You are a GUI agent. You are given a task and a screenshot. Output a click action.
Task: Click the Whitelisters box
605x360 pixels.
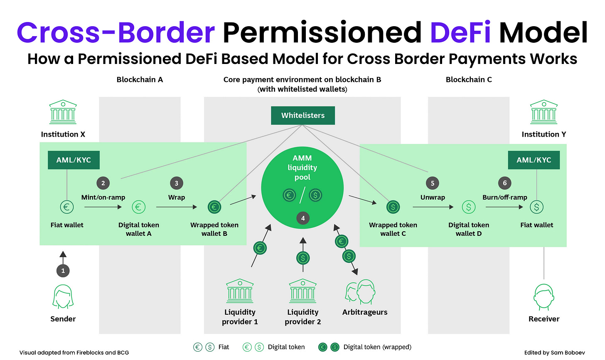pyautogui.click(x=302, y=115)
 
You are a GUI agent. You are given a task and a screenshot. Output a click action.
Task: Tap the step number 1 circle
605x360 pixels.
pyautogui.click(x=63, y=271)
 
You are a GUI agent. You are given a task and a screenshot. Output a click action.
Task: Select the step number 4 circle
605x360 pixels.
pyautogui.click(x=303, y=218)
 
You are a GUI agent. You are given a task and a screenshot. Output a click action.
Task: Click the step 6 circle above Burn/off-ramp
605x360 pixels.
pyautogui.click(x=504, y=183)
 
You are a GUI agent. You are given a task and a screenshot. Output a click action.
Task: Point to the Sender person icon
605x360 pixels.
pyautogui.click(x=63, y=296)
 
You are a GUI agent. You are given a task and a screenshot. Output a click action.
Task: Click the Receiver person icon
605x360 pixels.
pyautogui.click(x=544, y=296)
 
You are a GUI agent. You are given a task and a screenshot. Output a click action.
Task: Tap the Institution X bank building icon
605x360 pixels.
pyautogui.click(x=63, y=112)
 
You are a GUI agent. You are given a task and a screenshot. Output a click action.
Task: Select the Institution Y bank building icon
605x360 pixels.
pyautogui.click(x=544, y=112)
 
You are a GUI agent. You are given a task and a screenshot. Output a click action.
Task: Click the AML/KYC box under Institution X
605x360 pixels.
pyautogui.click(x=74, y=160)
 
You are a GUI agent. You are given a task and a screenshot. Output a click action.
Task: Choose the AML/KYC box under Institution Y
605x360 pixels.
pyautogui.click(x=534, y=160)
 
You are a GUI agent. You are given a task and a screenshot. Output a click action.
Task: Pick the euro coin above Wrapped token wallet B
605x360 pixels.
pyautogui.click(x=214, y=207)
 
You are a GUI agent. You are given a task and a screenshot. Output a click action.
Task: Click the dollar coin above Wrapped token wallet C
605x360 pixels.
pyautogui.click(x=393, y=207)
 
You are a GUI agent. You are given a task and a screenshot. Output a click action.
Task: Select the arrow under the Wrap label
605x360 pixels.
pyautogui.click(x=177, y=207)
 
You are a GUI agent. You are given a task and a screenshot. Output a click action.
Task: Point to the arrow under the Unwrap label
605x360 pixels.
pyautogui.click(x=433, y=207)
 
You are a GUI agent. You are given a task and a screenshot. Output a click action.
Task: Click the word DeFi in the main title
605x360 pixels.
pyautogui.click(x=460, y=32)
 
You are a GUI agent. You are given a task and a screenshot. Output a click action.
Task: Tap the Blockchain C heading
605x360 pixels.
pyautogui.click(x=469, y=79)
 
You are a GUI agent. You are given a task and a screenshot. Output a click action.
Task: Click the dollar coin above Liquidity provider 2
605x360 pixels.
pyautogui.click(x=303, y=258)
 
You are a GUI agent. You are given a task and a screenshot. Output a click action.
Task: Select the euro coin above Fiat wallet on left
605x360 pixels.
pyautogui.click(x=66, y=207)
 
